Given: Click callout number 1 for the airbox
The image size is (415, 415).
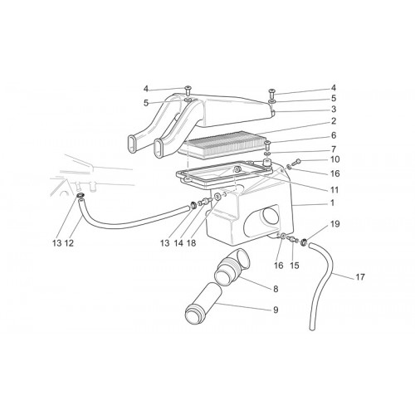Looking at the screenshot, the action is click(x=332, y=203).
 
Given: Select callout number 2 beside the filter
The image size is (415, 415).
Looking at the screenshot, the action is click(x=334, y=121).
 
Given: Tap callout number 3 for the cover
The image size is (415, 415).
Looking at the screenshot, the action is click(x=334, y=109).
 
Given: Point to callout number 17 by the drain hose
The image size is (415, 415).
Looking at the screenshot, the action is click(x=360, y=277).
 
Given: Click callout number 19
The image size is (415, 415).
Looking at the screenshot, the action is click(x=334, y=224).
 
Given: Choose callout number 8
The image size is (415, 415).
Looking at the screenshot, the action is click(x=276, y=289).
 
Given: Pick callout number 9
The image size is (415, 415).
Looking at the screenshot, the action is click(x=276, y=310).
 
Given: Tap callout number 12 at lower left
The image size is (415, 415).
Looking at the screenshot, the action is click(x=69, y=243).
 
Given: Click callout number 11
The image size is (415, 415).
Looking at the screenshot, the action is click(x=334, y=190).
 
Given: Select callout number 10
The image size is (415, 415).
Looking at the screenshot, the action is click(x=334, y=159).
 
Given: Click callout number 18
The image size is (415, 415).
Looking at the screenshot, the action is click(x=191, y=243).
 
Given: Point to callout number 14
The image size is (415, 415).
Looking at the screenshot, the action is click(x=178, y=243).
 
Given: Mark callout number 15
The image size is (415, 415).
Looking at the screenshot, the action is click(x=295, y=266).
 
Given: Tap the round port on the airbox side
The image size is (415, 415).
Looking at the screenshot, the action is click(x=271, y=217).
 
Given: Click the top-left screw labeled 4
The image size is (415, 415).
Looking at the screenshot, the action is click(x=188, y=90).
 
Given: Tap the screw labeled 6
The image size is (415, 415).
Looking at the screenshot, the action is click(x=267, y=145).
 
